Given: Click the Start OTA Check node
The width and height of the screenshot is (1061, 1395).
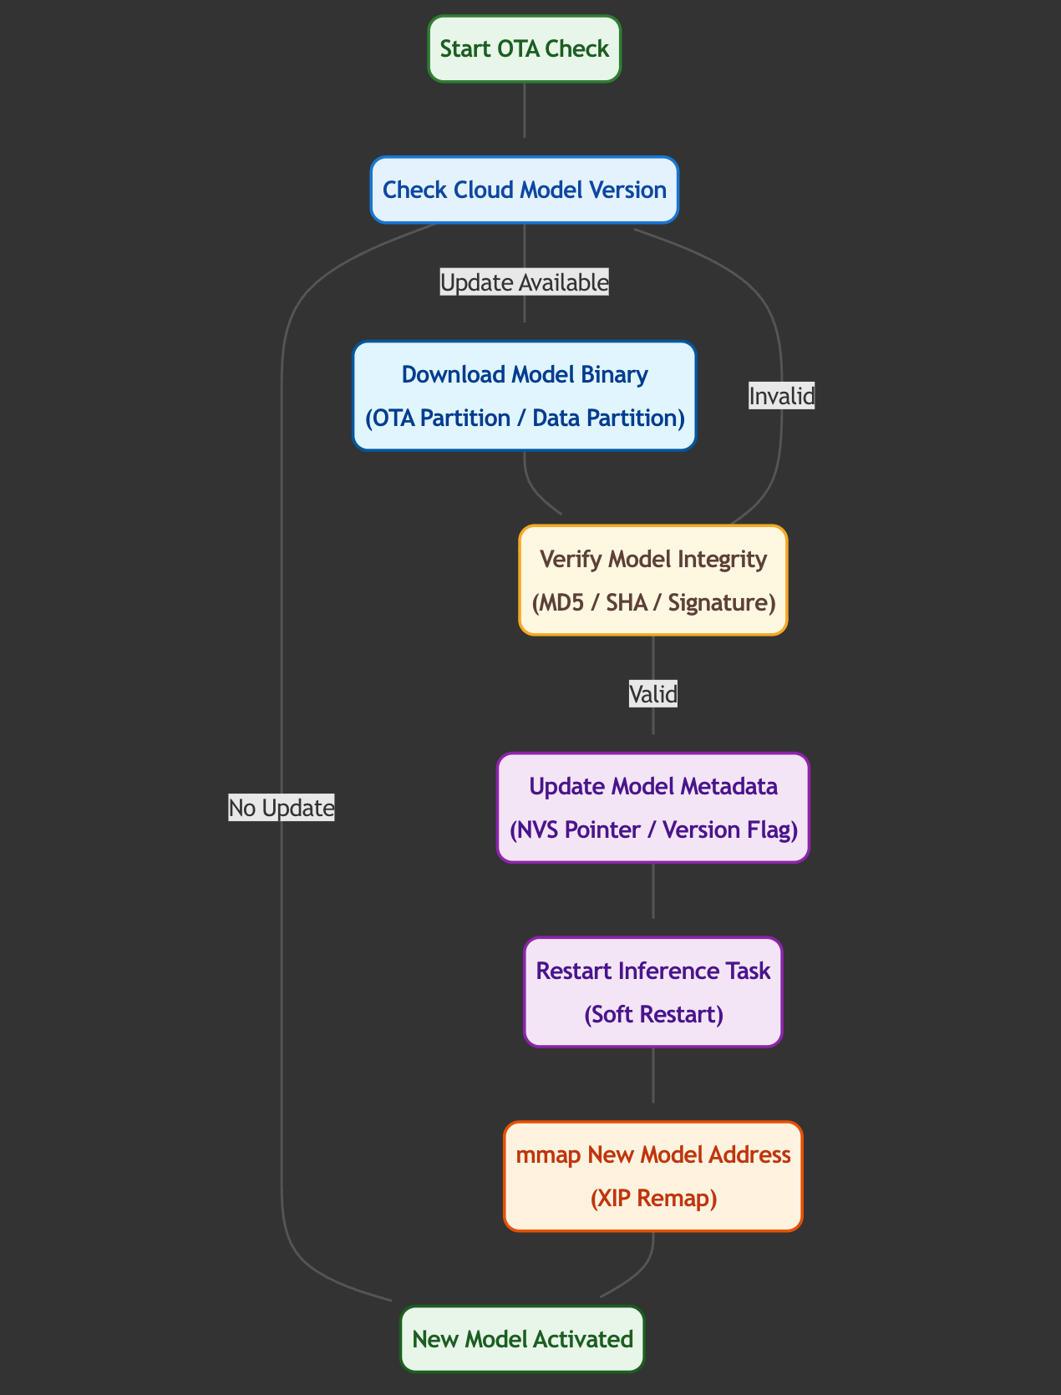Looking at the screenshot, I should coord(525,48).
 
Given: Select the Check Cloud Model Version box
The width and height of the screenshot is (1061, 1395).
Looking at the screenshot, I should coord(525,190).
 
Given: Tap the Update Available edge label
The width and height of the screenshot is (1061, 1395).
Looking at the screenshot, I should coord(525,283).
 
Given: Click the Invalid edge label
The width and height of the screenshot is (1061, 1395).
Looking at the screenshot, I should coord(781,396).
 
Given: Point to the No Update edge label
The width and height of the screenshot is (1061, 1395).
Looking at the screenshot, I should coord(282,808).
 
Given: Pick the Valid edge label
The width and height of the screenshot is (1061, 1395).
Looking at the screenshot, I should coord(653,693).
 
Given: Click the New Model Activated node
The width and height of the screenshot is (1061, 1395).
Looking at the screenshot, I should coord(523,1339).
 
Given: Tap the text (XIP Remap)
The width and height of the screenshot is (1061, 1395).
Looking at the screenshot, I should coord(653,1199).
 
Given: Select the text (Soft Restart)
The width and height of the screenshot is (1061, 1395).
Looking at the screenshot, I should coord(653,1014).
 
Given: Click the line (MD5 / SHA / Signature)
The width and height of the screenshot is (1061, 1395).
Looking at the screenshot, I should coord(653,602).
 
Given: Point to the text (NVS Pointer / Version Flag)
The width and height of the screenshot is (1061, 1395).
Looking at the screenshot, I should coord(653,830).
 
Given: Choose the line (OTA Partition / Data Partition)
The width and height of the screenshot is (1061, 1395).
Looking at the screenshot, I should coord(525,418).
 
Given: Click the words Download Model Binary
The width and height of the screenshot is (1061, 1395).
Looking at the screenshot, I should coord(525,374).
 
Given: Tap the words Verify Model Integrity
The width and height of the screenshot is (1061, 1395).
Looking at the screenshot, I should coord(653,559).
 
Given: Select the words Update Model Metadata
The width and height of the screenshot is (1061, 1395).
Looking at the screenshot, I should coord(653,787).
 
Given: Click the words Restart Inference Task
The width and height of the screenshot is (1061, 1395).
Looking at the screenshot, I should coord(653,971).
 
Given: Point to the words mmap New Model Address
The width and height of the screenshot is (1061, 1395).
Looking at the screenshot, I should coord(653,1155).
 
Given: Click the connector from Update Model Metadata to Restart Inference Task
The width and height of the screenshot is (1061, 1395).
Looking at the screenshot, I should coord(653,891).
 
